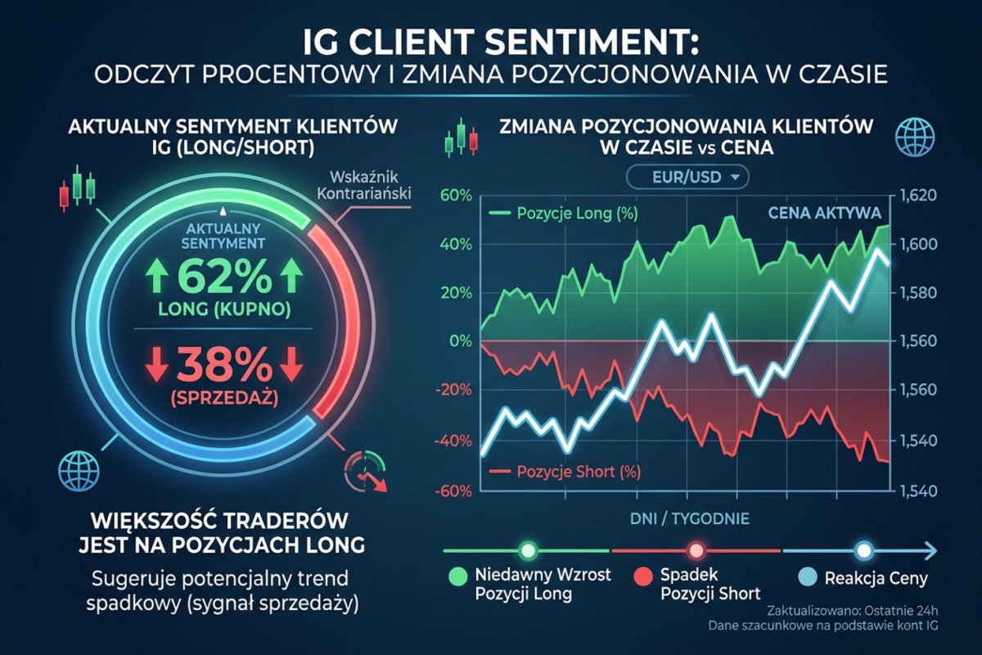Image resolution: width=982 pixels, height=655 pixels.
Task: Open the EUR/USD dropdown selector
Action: click(683, 176)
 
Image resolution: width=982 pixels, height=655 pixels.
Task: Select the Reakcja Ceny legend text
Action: click(888, 579)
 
